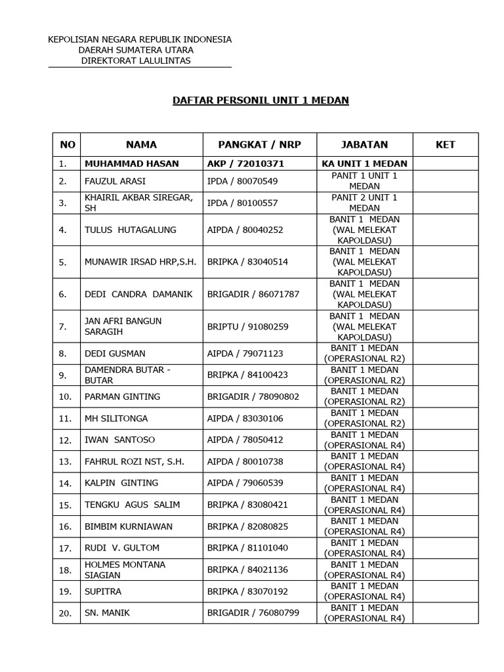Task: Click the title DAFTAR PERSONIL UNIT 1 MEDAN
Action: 261,100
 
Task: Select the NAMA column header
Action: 141,144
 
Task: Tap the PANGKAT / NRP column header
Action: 259,144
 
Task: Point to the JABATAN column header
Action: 364,144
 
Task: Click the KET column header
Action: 445,144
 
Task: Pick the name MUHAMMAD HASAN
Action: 131,163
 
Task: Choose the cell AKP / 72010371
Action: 245,163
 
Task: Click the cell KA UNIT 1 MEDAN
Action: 364,163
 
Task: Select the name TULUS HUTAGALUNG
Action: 124,230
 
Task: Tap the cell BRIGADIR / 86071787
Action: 253,294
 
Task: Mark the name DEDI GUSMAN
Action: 115,353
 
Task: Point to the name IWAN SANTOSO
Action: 119,440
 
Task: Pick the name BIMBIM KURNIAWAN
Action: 129,526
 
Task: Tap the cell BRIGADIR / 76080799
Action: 253,613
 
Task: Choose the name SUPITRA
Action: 103,591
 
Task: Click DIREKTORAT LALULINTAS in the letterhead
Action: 136,60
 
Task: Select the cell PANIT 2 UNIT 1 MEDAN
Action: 364,202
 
